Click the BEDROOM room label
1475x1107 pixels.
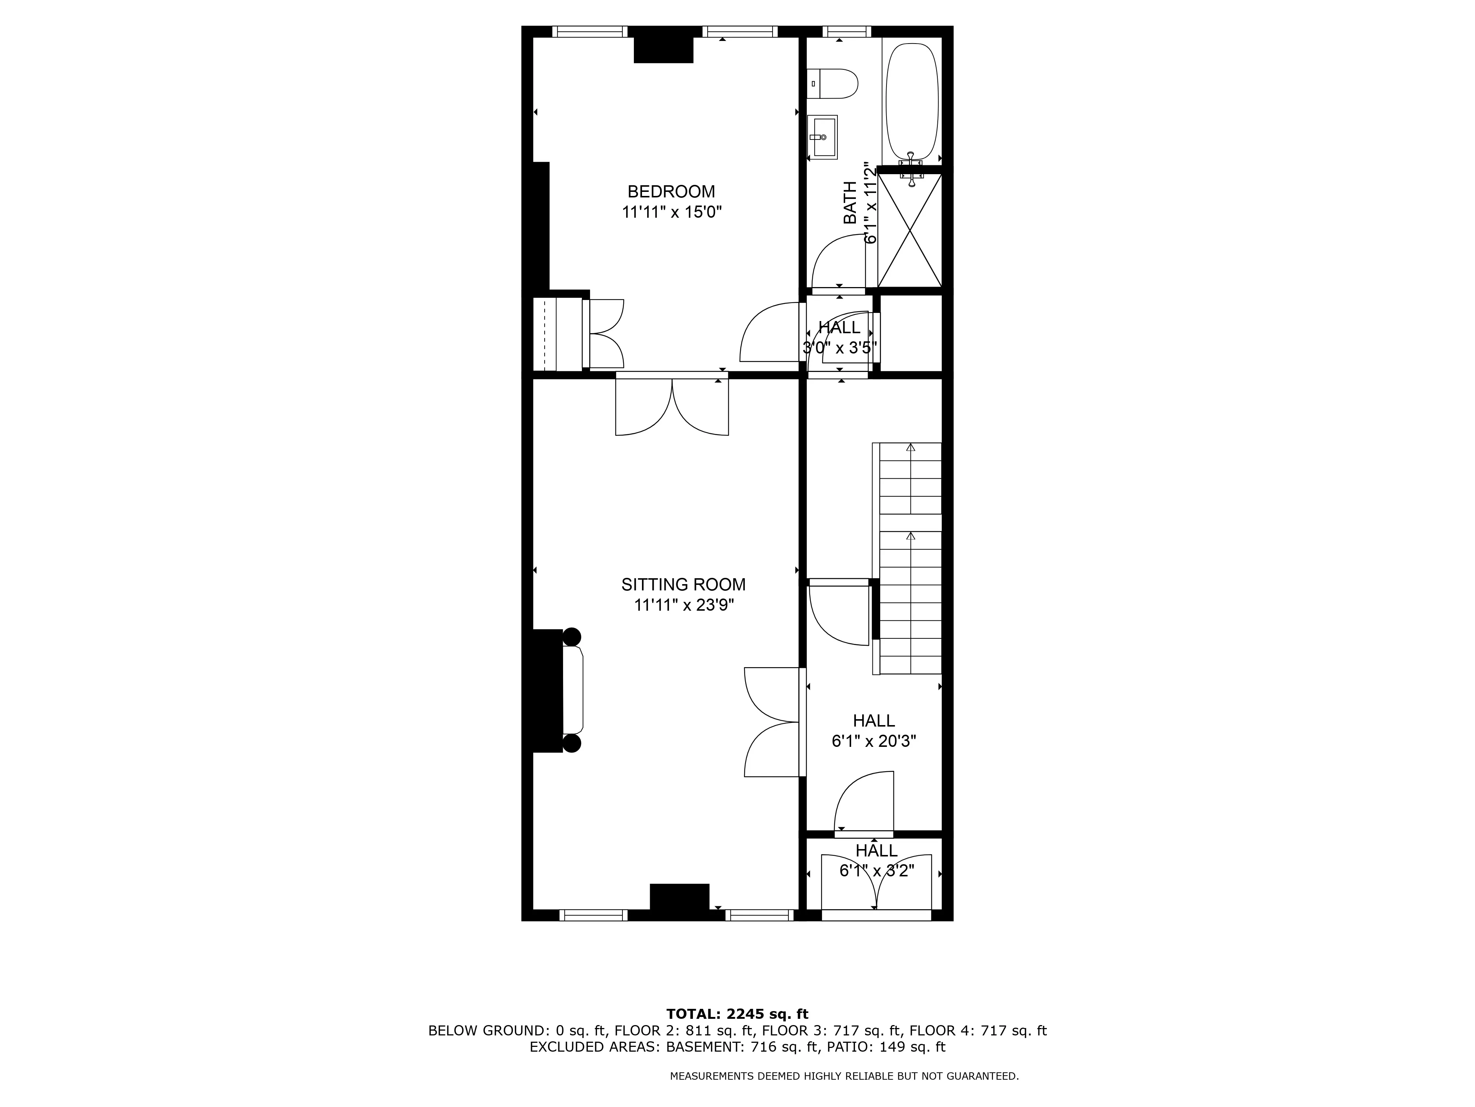coord(671,192)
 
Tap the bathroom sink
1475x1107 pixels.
coord(822,137)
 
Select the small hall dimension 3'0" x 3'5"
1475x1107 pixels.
coord(839,348)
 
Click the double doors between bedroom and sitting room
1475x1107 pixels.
coord(671,407)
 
